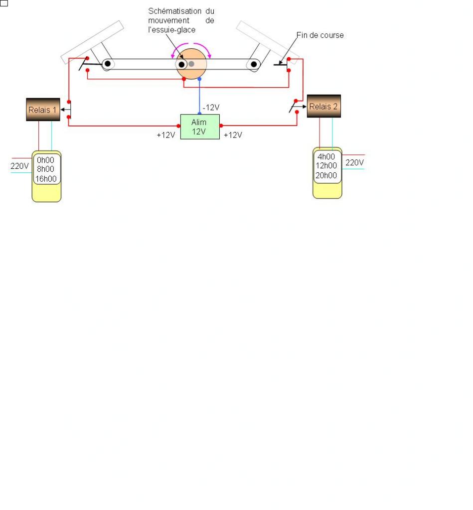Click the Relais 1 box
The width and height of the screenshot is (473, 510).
[x=43, y=110]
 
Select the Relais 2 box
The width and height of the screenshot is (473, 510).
[x=323, y=106]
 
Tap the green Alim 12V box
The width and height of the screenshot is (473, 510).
[x=199, y=127]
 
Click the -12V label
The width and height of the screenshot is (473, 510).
[x=211, y=108]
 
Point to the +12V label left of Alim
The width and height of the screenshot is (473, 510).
[x=165, y=135]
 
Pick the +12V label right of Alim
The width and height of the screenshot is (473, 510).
[x=233, y=135]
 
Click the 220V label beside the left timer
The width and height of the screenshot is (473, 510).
[x=19, y=166]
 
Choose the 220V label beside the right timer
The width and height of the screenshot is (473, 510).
[x=354, y=162]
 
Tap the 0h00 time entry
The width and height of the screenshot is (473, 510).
[x=45, y=160]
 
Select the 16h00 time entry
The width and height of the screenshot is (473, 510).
[x=46, y=179]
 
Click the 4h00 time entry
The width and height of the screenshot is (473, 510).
[x=326, y=157]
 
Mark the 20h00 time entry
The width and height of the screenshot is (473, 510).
[x=326, y=175]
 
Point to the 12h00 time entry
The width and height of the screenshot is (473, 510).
[x=326, y=166]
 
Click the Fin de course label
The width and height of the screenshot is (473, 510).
[x=320, y=35]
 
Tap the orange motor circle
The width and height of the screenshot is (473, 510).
[x=191, y=64]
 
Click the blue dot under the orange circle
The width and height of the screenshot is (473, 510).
[x=199, y=79]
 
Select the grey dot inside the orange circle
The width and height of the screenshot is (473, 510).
[x=191, y=64]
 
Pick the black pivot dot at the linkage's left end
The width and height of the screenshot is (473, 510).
[x=107, y=64]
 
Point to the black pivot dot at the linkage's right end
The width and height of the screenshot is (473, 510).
[x=254, y=64]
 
